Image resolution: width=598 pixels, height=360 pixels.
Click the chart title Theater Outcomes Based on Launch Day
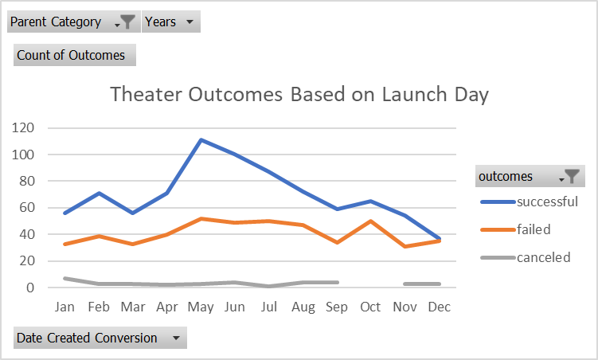point(299,95)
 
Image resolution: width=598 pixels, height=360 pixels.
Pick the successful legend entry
point(546,202)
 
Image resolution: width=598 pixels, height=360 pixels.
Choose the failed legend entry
point(533,229)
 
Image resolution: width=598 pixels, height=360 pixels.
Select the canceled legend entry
point(543,257)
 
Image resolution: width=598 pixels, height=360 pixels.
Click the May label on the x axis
point(201,307)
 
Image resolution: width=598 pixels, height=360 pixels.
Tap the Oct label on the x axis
point(371,307)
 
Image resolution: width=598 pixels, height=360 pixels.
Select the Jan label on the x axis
point(64,307)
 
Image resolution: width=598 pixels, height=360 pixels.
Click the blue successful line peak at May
point(201,140)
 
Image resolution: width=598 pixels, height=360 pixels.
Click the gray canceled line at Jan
point(64,278)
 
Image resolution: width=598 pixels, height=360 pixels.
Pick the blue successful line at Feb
point(99,193)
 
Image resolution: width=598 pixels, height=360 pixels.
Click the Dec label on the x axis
point(439,307)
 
